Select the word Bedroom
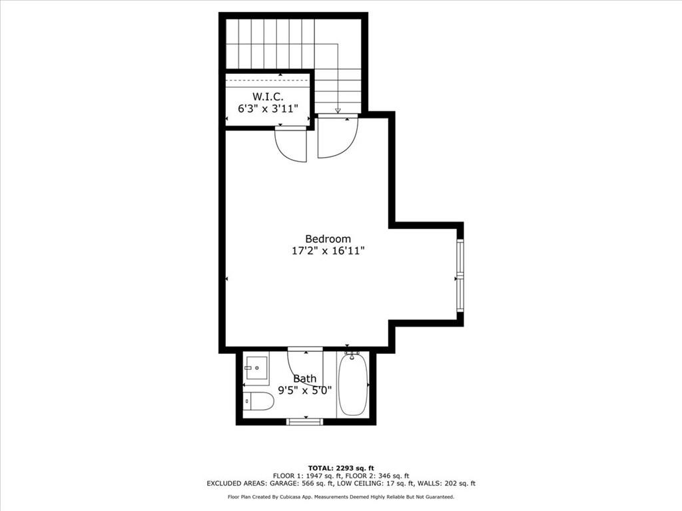click(328, 239)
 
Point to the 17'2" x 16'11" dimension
click(328, 251)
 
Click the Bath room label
click(305, 379)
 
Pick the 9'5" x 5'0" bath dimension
click(305, 391)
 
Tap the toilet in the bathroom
click(258, 401)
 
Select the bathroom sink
click(256, 367)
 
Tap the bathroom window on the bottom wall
click(305, 421)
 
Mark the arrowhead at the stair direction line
click(338, 110)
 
